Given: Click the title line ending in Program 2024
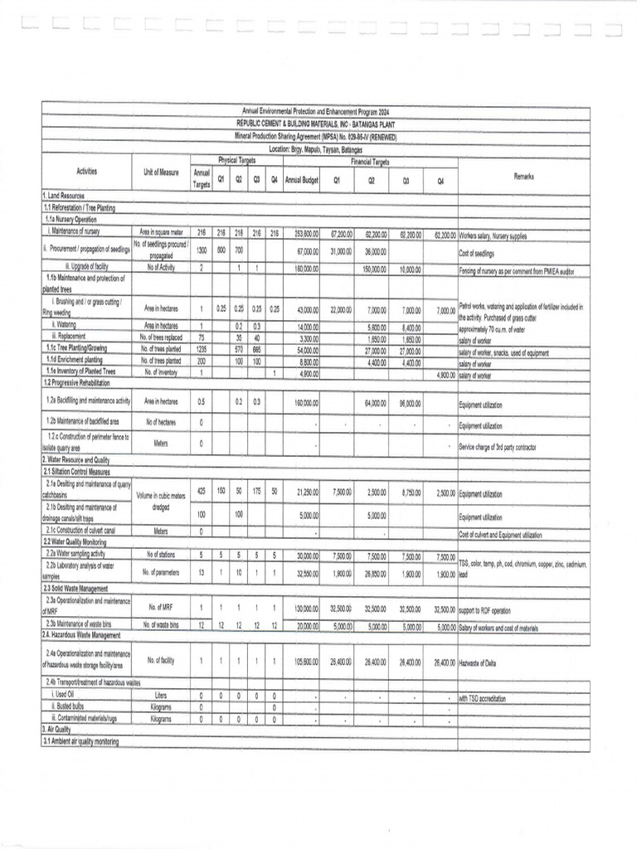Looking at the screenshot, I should click(315, 111).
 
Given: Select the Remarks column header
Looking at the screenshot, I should click(523, 177).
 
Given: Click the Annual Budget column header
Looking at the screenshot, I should click(302, 179).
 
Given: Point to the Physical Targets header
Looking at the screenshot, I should click(235, 159).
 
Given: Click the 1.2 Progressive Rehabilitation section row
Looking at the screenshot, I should click(82, 383).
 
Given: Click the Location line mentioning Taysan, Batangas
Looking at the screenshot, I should click(315, 148).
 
